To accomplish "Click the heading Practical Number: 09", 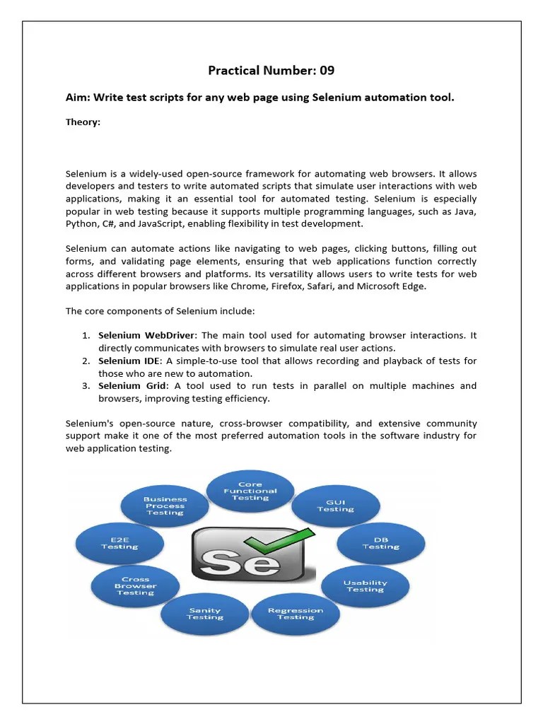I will pyautogui.click(x=271, y=70).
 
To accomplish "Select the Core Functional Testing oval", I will pyautogui.click(x=250, y=491).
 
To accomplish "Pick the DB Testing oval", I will pyautogui.click(x=381, y=542).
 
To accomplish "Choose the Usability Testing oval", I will pyautogui.click(x=365, y=585).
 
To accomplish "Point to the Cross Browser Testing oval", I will pyautogui.click(x=135, y=585).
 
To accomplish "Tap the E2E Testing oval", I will pyautogui.click(x=119, y=542).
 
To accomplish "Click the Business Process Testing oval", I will pyautogui.click(x=165, y=506).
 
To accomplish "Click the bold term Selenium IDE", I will pyautogui.click(x=129, y=361).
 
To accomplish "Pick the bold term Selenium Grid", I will pyautogui.click(x=133, y=385).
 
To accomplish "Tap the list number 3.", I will pyautogui.click(x=85, y=385).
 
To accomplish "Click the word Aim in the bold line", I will pyautogui.click(x=77, y=97).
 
